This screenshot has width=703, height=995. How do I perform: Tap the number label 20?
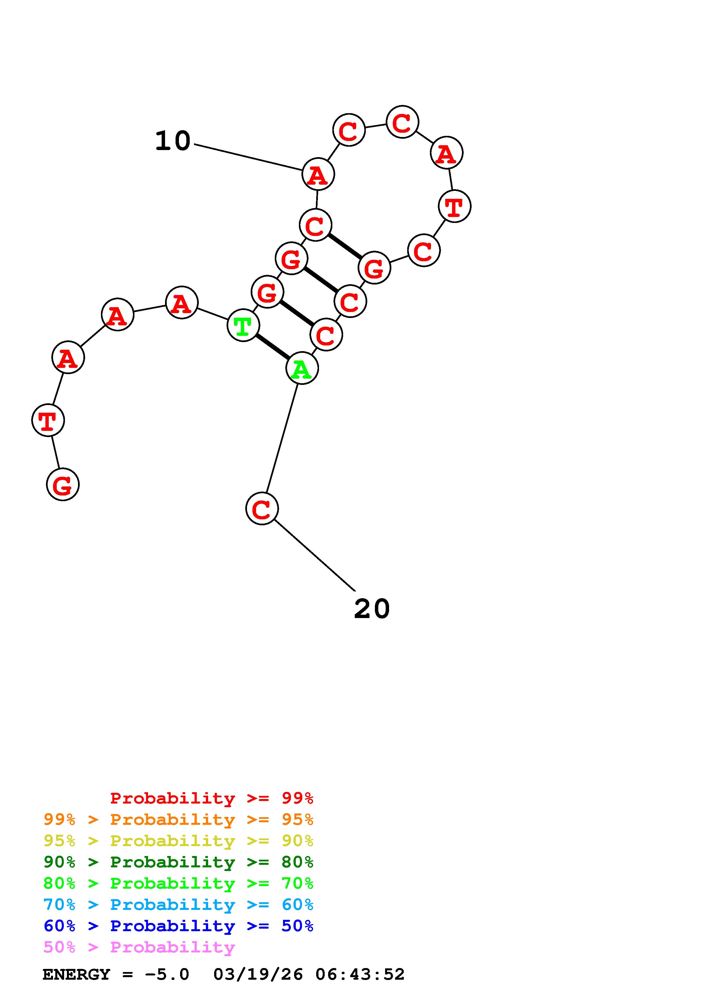(x=372, y=609)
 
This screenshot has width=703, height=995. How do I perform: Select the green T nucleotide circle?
(x=243, y=325)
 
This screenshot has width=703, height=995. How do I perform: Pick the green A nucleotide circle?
(x=302, y=368)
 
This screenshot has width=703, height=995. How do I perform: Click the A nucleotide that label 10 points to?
(x=318, y=174)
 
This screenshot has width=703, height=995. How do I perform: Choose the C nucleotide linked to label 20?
(x=262, y=508)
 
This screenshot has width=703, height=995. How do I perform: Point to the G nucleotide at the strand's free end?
(x=63, y=484)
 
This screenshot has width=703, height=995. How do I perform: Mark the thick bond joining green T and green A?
(x=273, y=347)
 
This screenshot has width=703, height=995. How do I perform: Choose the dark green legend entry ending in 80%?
(x=178, y=862)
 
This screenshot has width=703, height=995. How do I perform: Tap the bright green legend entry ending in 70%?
(x=178, y=883)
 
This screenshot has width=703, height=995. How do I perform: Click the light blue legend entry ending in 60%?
(x=178, y=905)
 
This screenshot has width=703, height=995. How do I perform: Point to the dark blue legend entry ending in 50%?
(x=178, y=926)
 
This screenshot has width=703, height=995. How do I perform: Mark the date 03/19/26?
(x=258, y=974)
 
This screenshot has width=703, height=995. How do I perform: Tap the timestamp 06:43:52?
(x=360, y=974)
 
